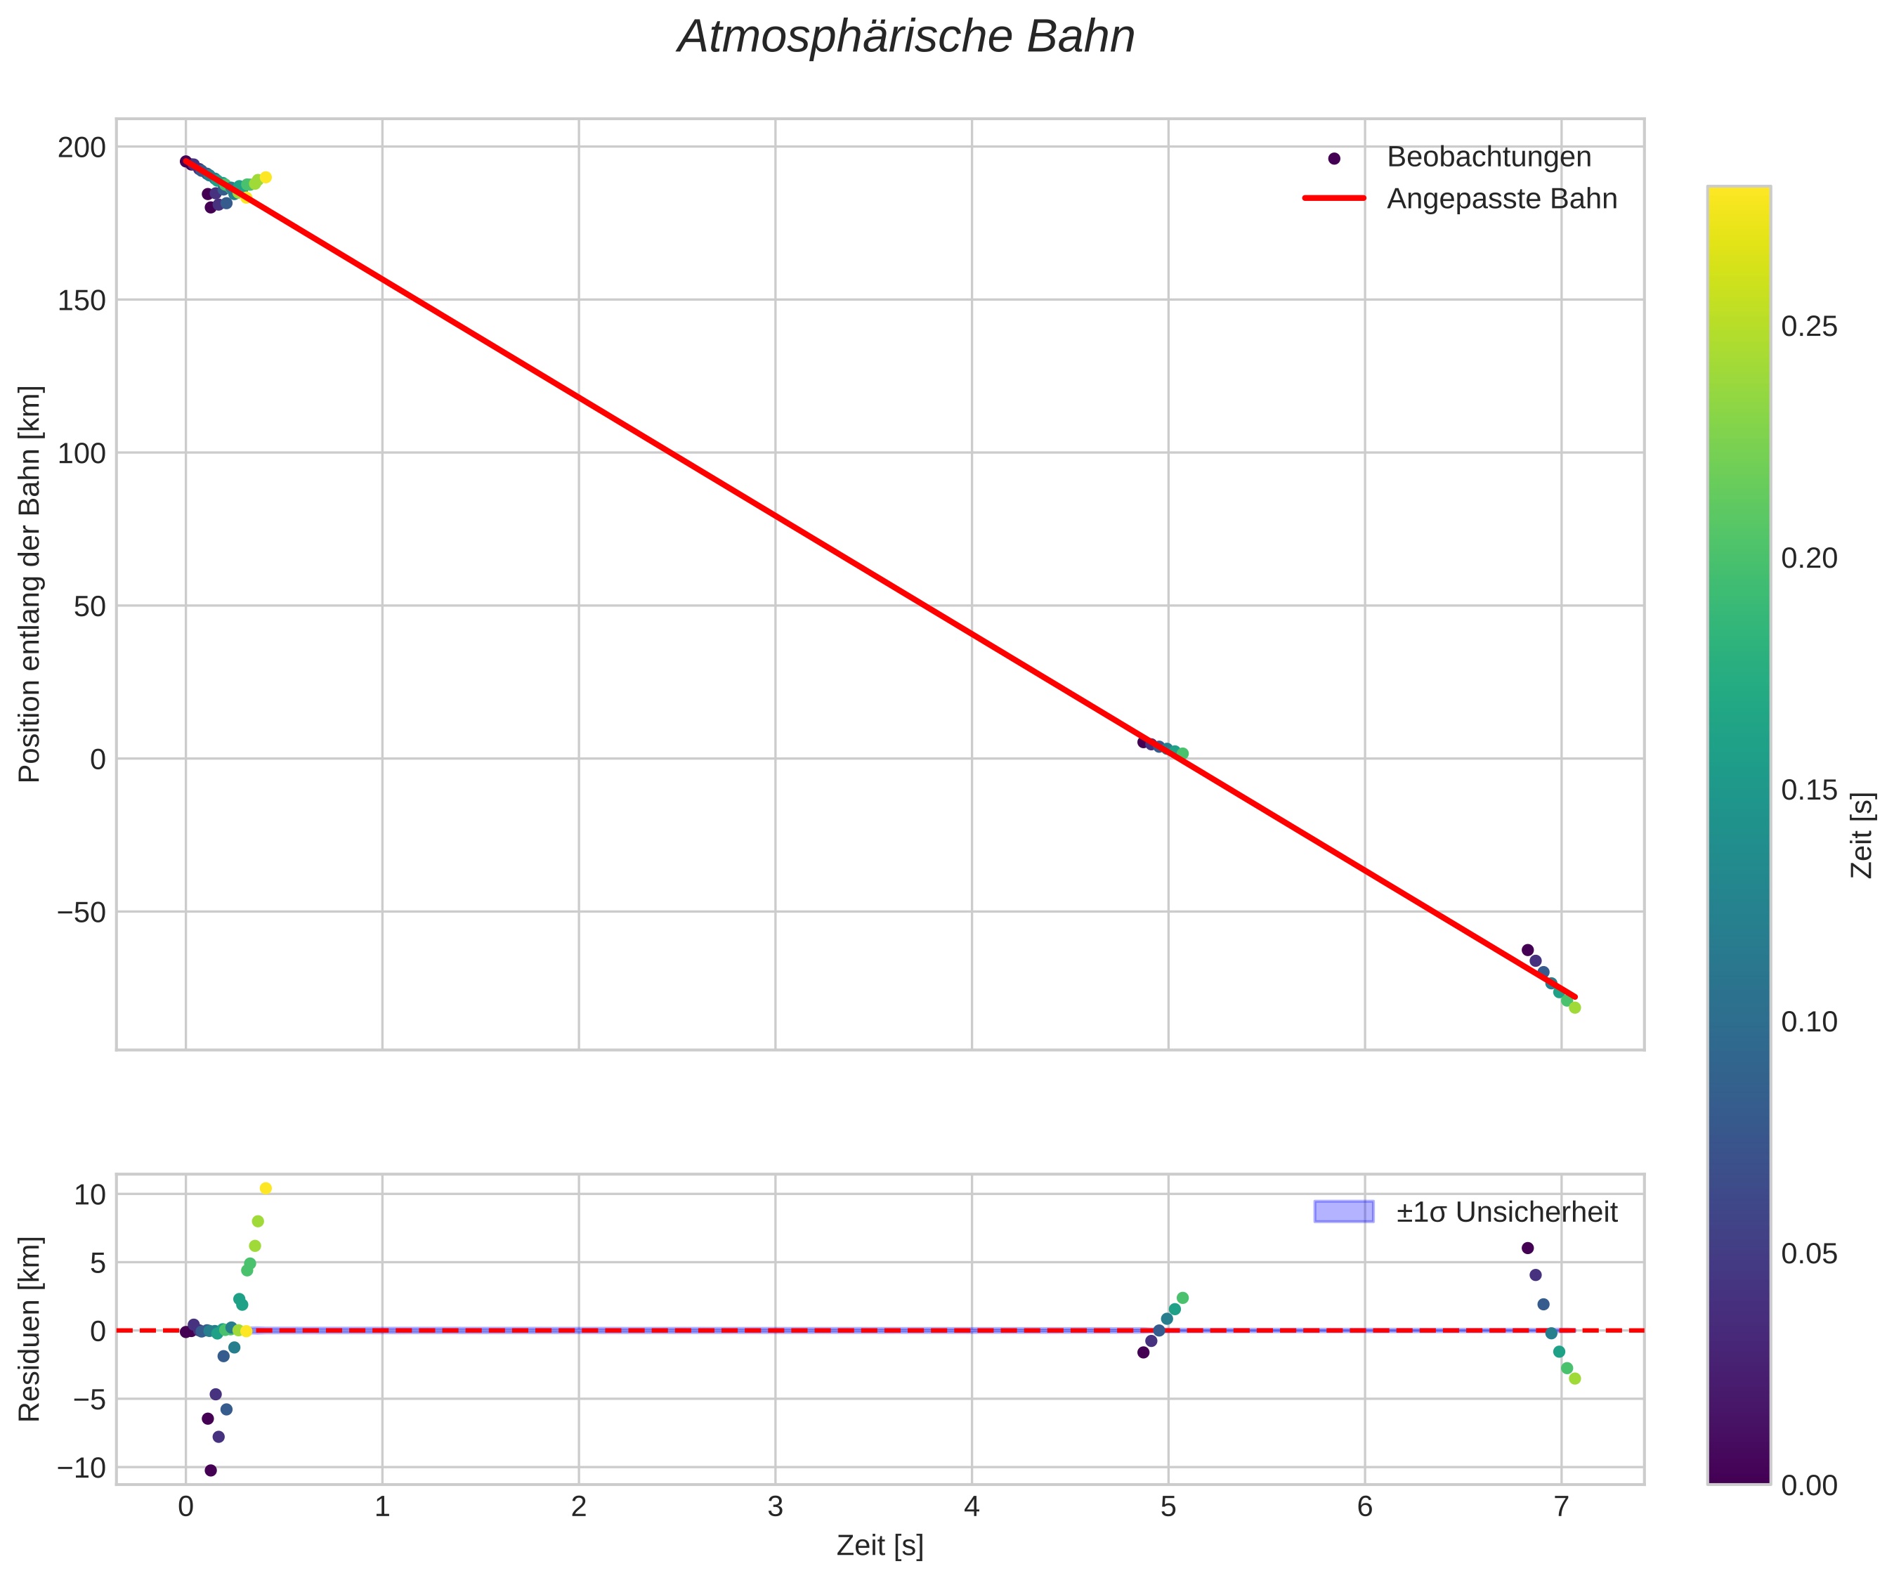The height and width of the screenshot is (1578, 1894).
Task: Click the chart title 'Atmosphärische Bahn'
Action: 906,38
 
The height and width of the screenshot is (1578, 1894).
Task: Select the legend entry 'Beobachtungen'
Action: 1488,157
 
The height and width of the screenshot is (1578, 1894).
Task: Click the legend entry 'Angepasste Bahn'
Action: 1502,199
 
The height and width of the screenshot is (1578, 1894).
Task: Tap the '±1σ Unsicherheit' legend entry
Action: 1506,1212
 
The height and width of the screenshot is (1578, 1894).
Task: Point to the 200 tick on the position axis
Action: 81,147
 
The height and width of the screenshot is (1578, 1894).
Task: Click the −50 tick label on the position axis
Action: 81,911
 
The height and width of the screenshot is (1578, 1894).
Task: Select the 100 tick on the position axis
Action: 81,453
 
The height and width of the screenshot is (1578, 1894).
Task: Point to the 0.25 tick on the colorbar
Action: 1808,327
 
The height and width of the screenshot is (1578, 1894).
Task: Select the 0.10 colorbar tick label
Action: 1808,1022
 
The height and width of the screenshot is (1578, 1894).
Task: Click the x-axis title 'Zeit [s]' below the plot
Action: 880,1546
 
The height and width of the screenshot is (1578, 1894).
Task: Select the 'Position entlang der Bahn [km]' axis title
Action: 30,584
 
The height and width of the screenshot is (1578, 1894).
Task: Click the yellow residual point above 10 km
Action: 265,1188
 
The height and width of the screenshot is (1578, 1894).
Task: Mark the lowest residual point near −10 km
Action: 210,1471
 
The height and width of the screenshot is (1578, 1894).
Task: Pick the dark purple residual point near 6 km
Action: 1527,1248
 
